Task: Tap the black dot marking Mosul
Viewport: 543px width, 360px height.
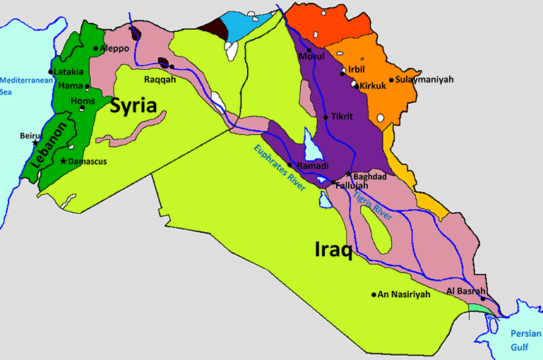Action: (299, 51)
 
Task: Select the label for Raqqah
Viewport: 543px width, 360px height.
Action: (160, 80)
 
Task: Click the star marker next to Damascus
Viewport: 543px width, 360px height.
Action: (64, 162)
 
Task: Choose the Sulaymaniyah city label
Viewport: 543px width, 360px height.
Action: (424, 80)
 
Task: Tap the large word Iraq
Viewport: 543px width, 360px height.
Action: (333, 249)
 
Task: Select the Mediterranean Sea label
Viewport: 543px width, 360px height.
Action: (21, 85)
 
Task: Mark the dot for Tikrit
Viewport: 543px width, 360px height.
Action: (325, 116)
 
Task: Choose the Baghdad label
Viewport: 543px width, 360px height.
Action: (369, 176)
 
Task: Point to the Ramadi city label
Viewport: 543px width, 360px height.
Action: (312, 166)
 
